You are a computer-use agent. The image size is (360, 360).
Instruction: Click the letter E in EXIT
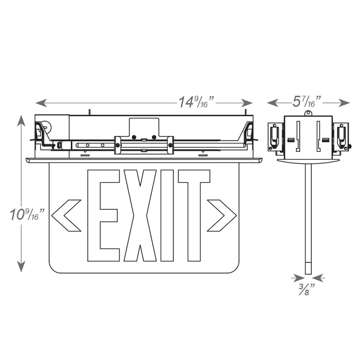(103, 215)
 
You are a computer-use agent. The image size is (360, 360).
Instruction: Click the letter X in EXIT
(140, 215)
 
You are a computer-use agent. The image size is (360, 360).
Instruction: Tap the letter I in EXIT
(167, 215)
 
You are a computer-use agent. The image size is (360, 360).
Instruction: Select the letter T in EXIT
(194, 215)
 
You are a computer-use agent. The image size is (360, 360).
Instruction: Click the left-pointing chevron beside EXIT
(66, 215)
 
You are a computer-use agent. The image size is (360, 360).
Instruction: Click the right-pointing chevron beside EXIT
(222, 215)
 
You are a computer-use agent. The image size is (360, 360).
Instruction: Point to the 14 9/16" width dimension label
(197, 102)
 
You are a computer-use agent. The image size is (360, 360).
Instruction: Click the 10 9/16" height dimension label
(27, 215)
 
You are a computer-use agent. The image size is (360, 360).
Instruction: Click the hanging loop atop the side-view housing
(308, 113)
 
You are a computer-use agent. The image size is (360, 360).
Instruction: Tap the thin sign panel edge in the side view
(308, 216)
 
